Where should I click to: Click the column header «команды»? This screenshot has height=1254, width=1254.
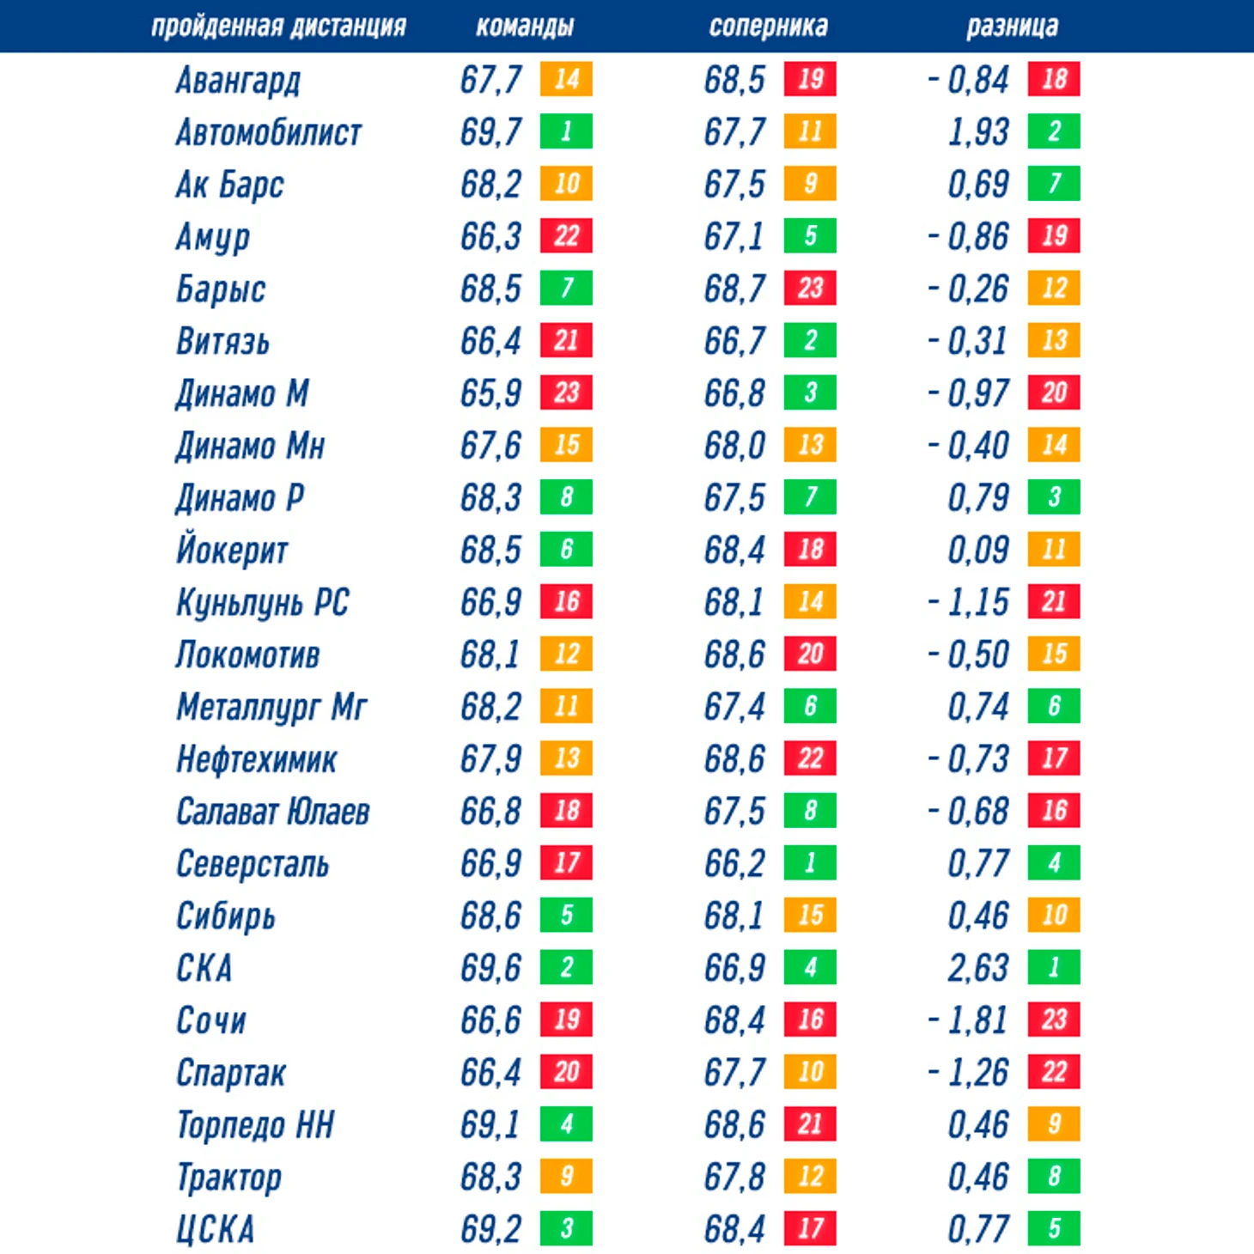point(525,27)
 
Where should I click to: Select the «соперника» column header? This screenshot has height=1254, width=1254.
point(768,27)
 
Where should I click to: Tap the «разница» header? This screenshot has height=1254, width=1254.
point(1012,27)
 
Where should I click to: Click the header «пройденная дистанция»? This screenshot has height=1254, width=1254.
point(278,27)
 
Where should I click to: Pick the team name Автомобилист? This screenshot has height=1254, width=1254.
point(269,132)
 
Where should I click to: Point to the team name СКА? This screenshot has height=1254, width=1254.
point(204,968)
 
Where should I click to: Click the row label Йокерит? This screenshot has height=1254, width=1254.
point(232,550)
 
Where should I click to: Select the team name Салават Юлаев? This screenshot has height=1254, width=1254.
point(273,812)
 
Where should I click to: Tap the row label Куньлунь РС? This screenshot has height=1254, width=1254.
point(263,602)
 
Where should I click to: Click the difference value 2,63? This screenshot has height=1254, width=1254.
point(978,968)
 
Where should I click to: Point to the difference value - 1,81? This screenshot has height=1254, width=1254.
point(968,1020)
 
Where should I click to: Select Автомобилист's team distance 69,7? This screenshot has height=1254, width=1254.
point(490,132)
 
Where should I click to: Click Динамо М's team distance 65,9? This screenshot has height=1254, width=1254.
point(490,393)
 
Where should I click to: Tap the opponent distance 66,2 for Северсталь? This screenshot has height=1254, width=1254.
point(734,863)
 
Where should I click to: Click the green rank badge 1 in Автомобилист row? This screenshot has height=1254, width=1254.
point(566,131)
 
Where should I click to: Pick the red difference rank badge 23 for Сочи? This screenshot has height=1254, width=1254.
point(1054,1020)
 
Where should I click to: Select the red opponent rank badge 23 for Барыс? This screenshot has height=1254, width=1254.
point(810,288)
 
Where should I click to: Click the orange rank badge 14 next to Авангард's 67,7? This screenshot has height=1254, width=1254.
point(566,79)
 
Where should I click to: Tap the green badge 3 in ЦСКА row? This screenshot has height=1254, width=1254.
point(566,1228)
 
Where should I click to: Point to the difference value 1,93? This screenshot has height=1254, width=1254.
point(978,132)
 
